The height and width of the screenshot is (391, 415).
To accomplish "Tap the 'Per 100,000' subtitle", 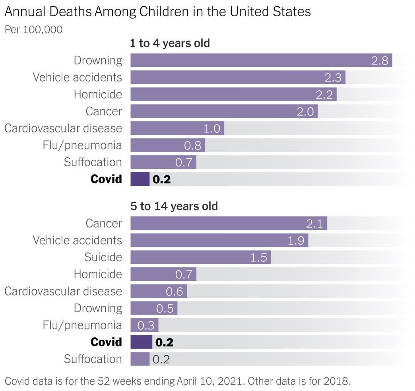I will pyautogui.click(x=33, y=29).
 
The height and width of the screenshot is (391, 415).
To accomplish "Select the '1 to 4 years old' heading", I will pyautogui.click(x=170, y=43).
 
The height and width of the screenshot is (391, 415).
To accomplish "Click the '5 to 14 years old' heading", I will pyautogui.click(x=174, y=206).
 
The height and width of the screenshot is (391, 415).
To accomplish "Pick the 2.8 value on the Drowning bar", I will pyautogui.click(x=380, y=61).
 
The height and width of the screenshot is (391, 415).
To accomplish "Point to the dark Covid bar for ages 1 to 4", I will pyautogui.click(x=140, y=179).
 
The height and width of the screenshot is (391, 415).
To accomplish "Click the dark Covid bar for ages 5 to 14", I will pyautogui.click(x=141, y=342).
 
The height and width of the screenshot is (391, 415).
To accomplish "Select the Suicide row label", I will pyautogui.click(x=103, y=257).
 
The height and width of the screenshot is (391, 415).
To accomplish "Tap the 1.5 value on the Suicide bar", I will pyautogui.click(x=258, y=257).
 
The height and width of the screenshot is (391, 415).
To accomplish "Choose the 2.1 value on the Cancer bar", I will pyautogui.click(x=314, y=224).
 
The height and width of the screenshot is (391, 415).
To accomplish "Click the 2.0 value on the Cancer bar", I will pyautogui.click(x=305, y=111).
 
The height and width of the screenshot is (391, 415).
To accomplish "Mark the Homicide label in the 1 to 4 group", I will pyautogui.click(x=98, y=94).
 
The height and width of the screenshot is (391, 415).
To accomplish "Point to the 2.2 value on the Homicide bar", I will pyautogui.click(x=324, y=95).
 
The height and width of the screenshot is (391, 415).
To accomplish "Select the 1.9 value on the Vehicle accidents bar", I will pyautogui.click(x=295, y=241).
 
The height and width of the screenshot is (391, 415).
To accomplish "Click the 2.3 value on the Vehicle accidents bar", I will pyautogui.click(x=333, y=78).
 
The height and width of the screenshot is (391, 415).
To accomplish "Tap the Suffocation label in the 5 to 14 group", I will pyautogui.click(x=93, y=359).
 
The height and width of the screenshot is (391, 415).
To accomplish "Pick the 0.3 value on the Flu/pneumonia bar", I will pyautogui.click(x=145, y=325).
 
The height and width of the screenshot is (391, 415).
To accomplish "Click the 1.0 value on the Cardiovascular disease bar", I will pyautogui.click(x=211, y=128).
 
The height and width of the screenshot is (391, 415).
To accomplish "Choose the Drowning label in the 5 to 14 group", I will pyautogui.click(x=98, y=308).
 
